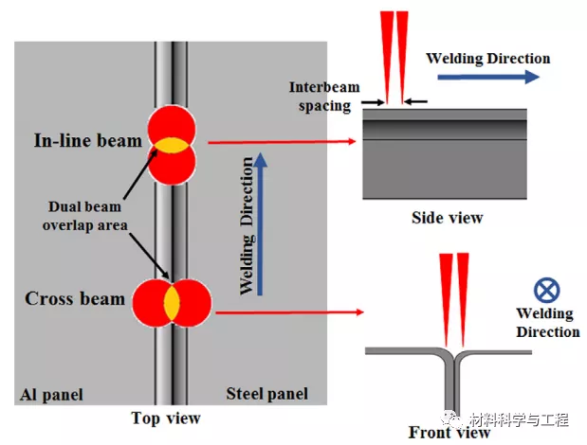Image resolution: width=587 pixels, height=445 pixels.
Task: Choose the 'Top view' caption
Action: pyautogui.click(x=166, y=418)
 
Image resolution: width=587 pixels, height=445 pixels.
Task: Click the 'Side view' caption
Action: pyautogui.click(x=447, y=218)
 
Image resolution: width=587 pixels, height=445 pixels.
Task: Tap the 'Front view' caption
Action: pyautogui.click(x=449, y=433)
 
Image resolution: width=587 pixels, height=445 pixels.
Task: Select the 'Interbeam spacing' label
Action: pyautogui.click(x=320, y=95)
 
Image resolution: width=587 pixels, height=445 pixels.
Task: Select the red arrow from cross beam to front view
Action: pyautogui.click(x=290, y=311)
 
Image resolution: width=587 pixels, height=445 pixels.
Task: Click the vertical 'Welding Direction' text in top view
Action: pyautogui.click(x=247, y=241)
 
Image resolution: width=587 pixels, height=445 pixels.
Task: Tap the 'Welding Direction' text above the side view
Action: pyautogui.click(x=487, y=58)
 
